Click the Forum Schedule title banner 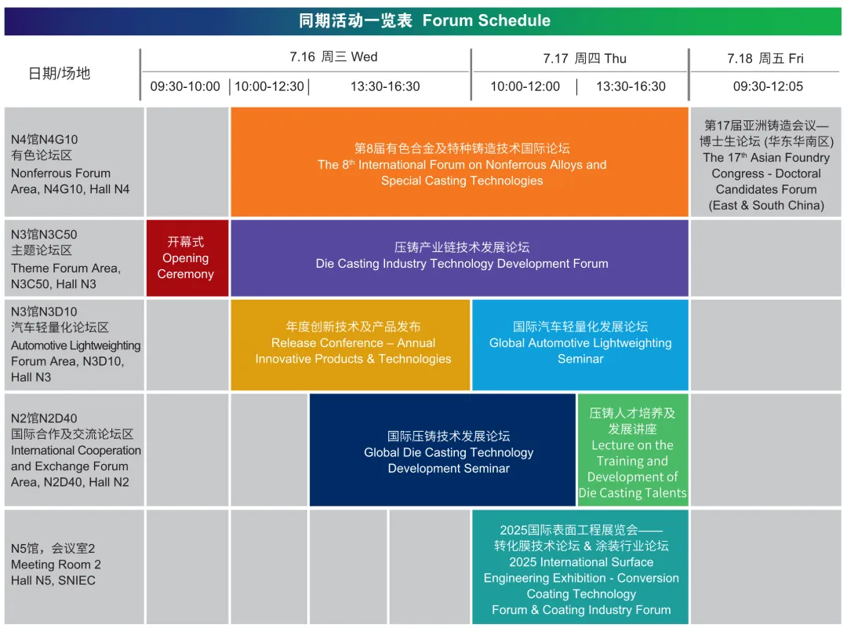point(423,21)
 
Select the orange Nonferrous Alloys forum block point(460,162)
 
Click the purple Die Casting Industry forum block point(460,258)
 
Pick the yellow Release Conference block point(351,345)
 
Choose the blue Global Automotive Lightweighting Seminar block point(580,345)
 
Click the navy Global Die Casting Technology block point(442,450)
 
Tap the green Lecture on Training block point(633,450)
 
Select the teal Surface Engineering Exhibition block point(580,567)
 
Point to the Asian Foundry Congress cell point(766,162)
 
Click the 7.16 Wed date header point(333,57)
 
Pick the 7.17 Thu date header point(584,58)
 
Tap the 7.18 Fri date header point(765,58)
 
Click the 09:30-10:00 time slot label point(185,86)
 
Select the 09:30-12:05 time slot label point(768,86)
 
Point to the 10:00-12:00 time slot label point(525,86)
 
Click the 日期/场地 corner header point(59,74)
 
